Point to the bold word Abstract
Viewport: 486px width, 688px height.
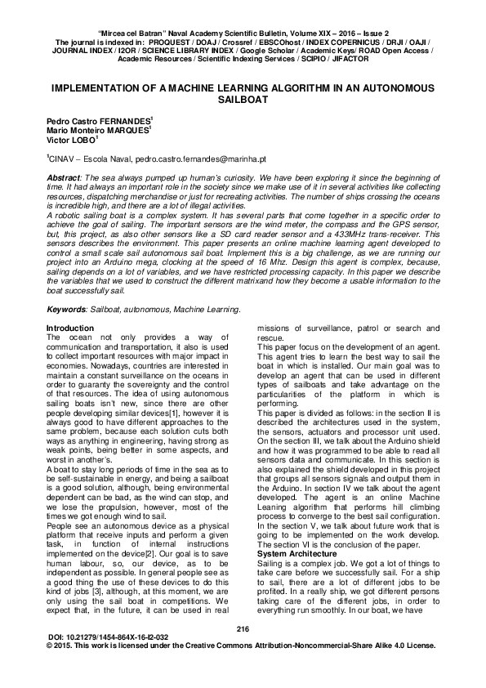65,177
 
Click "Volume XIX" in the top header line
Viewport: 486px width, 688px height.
314,29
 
